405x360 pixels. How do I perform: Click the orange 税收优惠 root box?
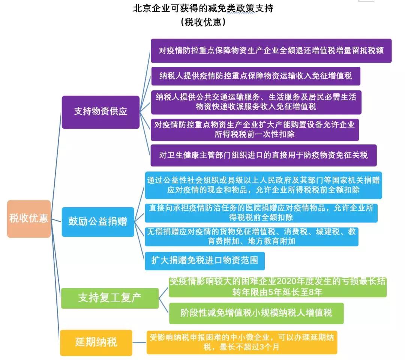28,219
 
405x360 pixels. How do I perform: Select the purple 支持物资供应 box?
100,112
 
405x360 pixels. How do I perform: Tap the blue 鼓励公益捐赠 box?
98,222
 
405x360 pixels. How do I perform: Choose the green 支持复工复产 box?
110,298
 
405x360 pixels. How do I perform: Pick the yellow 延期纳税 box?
96,343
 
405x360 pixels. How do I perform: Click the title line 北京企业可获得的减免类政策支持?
203,9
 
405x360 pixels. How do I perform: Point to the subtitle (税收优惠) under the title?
203,22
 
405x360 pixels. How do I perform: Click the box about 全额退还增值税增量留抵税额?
271,51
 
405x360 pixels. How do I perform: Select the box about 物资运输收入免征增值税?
256,76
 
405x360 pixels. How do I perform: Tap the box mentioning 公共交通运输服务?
256,102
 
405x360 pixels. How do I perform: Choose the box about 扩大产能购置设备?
255,130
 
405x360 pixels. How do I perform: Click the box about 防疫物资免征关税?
264,155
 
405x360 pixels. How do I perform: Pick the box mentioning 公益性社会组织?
264,185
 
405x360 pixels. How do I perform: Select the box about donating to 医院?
261,213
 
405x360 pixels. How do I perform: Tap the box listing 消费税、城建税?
252,237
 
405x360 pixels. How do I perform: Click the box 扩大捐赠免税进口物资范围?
205,261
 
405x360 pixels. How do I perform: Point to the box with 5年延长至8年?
277,287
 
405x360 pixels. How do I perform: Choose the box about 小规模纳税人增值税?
256,313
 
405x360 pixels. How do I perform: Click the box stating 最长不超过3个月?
242,342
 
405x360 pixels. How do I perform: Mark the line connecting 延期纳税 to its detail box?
139,343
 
